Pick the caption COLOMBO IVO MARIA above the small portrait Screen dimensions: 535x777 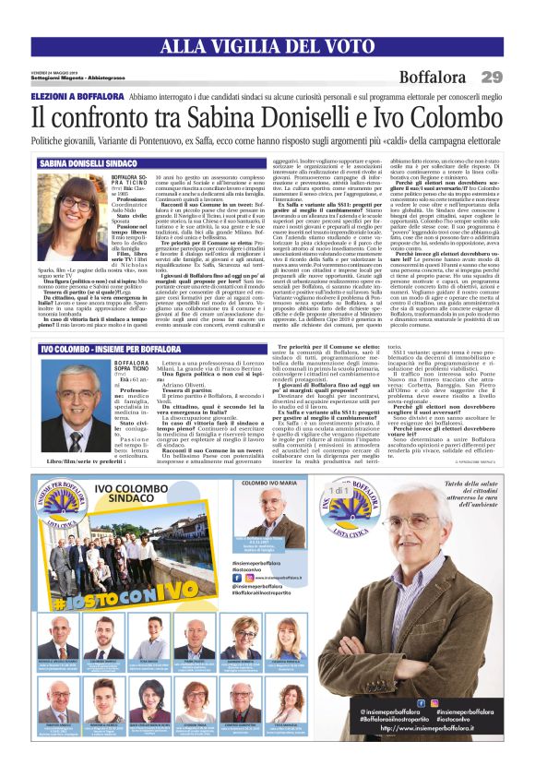point(268,483)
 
